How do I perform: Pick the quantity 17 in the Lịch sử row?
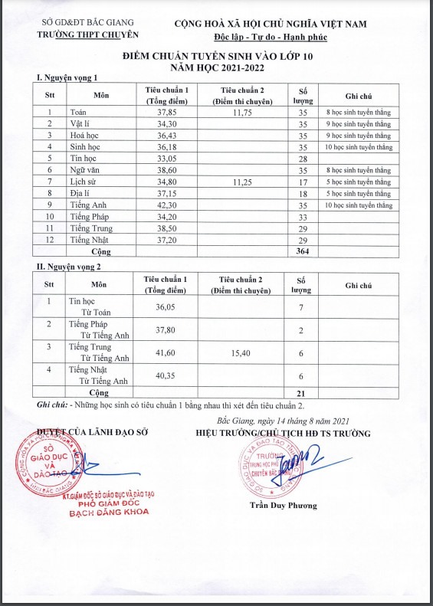(302, 182)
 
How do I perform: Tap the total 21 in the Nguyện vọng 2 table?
(301, 392)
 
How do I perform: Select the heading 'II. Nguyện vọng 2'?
(69, 266)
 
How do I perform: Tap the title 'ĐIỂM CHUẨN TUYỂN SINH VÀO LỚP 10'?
(218, 57)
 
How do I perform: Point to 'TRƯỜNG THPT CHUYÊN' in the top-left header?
(89, 35)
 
